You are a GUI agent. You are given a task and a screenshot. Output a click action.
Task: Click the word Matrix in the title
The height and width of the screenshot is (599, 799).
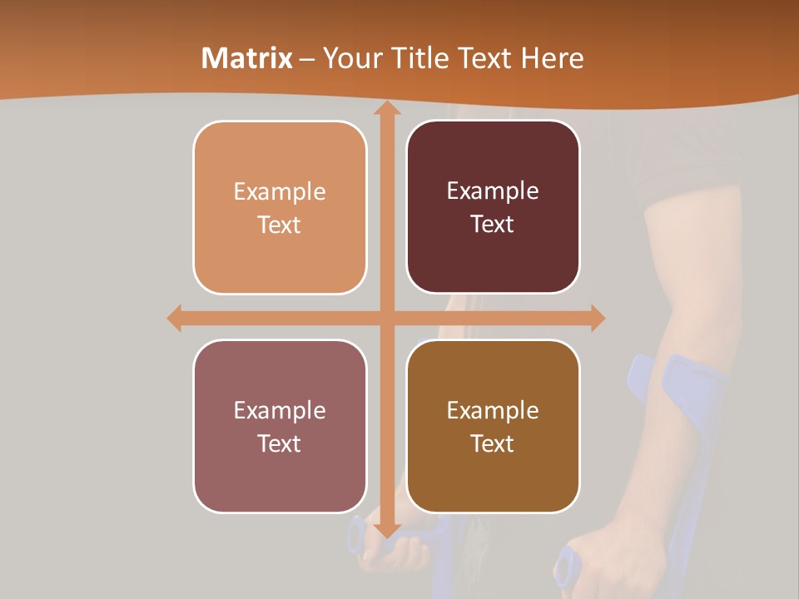click(x=248, y=58)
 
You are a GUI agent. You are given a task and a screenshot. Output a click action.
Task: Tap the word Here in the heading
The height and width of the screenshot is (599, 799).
click(x=552, y=58)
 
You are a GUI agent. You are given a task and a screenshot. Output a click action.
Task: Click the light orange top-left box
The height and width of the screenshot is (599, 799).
click(x=280, y=207)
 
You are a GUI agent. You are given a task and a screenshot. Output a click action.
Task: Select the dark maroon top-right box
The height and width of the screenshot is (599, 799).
click(x=493, y=207)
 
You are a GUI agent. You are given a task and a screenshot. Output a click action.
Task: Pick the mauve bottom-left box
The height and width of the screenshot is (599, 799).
click(x=280, y=426)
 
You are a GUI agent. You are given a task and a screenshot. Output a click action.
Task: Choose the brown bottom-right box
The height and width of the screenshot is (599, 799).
click(x=493, y=426)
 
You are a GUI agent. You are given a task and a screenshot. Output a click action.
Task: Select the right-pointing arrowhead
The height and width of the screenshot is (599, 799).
click(x=596, y=318)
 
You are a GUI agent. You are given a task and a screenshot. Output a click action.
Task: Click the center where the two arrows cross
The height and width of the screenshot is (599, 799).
click(x=386, y=318)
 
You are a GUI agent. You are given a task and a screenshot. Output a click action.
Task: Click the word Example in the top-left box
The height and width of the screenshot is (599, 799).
click(x=280, y=192)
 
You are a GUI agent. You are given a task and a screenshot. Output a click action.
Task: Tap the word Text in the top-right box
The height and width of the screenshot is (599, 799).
click(x=493, y=225)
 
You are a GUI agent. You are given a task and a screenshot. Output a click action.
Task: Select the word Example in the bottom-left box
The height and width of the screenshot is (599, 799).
click(x=280, y=410)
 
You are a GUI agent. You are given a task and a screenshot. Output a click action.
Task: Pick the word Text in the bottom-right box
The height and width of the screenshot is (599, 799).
click(x=493, y=443)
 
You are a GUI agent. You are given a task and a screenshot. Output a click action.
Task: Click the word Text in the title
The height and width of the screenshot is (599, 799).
click(x=484, y=58)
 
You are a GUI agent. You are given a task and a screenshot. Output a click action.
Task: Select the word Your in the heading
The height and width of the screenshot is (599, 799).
click(x=349, y=58)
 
